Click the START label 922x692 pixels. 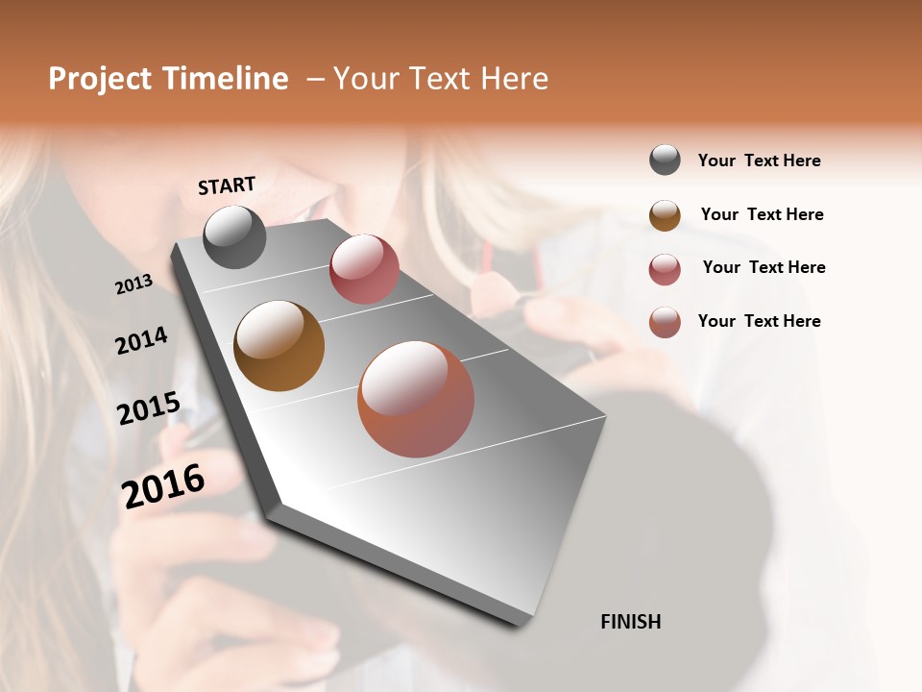227,185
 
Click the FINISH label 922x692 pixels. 630,622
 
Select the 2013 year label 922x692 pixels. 133,284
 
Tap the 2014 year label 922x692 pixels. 141,341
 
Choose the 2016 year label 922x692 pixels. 163,485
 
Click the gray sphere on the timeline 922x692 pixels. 234,236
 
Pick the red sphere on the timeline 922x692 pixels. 364,268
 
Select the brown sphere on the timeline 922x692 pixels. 279,346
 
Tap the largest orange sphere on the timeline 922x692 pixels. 416,399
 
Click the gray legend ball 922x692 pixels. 665,161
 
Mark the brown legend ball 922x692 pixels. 665,215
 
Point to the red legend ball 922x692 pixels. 665,269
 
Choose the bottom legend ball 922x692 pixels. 665,322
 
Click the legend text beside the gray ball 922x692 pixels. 759,161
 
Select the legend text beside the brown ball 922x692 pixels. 762,214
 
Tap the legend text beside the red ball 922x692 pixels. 764,267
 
